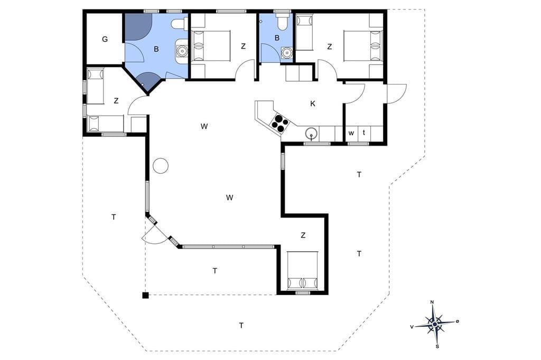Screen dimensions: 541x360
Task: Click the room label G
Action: (x=105, y=39)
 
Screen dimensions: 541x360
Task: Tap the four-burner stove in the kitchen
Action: (x=279, y=122)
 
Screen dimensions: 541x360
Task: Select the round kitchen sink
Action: (x=311, y=133)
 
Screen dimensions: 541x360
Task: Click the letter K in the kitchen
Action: (x=313, y=103)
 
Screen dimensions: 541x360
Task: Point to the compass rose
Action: (x=435, y=324)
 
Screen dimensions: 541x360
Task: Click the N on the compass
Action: (x=432, y=302)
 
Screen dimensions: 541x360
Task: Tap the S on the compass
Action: (x=437, y=346)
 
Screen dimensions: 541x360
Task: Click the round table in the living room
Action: (x=161, y=166)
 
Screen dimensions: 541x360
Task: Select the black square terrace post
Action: (x=146, y=295)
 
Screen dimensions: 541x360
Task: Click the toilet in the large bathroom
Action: (x=179, y=24)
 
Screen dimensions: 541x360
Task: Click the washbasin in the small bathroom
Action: (x=286, y=53)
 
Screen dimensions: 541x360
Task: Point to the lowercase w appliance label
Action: (x=351, y=133)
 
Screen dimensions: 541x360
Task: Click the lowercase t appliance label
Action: (x=364, y=132)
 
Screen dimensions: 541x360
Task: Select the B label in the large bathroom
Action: (x=156, y=49)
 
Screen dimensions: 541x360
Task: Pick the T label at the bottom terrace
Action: (x=241, y=325)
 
